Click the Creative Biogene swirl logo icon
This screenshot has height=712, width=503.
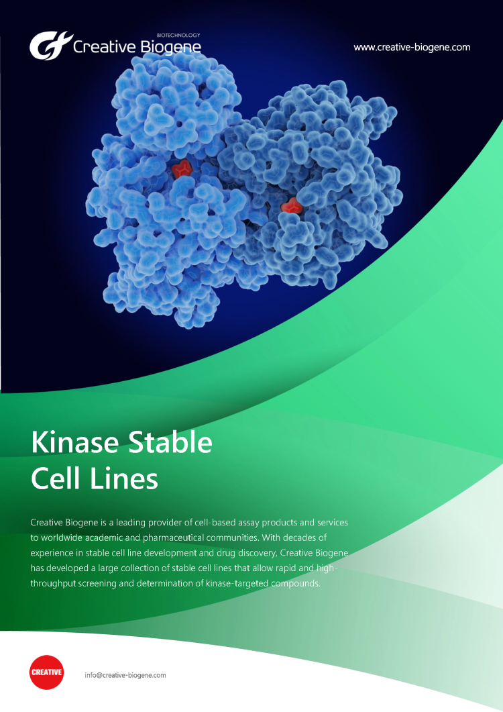click(50, 46)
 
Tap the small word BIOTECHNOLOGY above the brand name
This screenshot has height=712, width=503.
click(178, 35)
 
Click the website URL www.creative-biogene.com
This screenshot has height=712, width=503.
click(412, 47)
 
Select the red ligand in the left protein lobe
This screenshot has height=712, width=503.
click(182, 169)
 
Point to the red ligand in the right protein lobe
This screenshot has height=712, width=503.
click(291, 206)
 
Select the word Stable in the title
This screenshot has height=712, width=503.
click(170, 442)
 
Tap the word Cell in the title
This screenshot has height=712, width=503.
click(56, 478)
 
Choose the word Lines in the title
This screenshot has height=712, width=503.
click(124, 478)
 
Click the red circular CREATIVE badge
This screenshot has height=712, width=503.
click(47, 672)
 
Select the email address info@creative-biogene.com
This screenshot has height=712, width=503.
click(125, 675)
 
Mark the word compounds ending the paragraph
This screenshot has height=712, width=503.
click(296, 584)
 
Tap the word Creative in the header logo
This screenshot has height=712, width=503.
click(105, 47)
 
